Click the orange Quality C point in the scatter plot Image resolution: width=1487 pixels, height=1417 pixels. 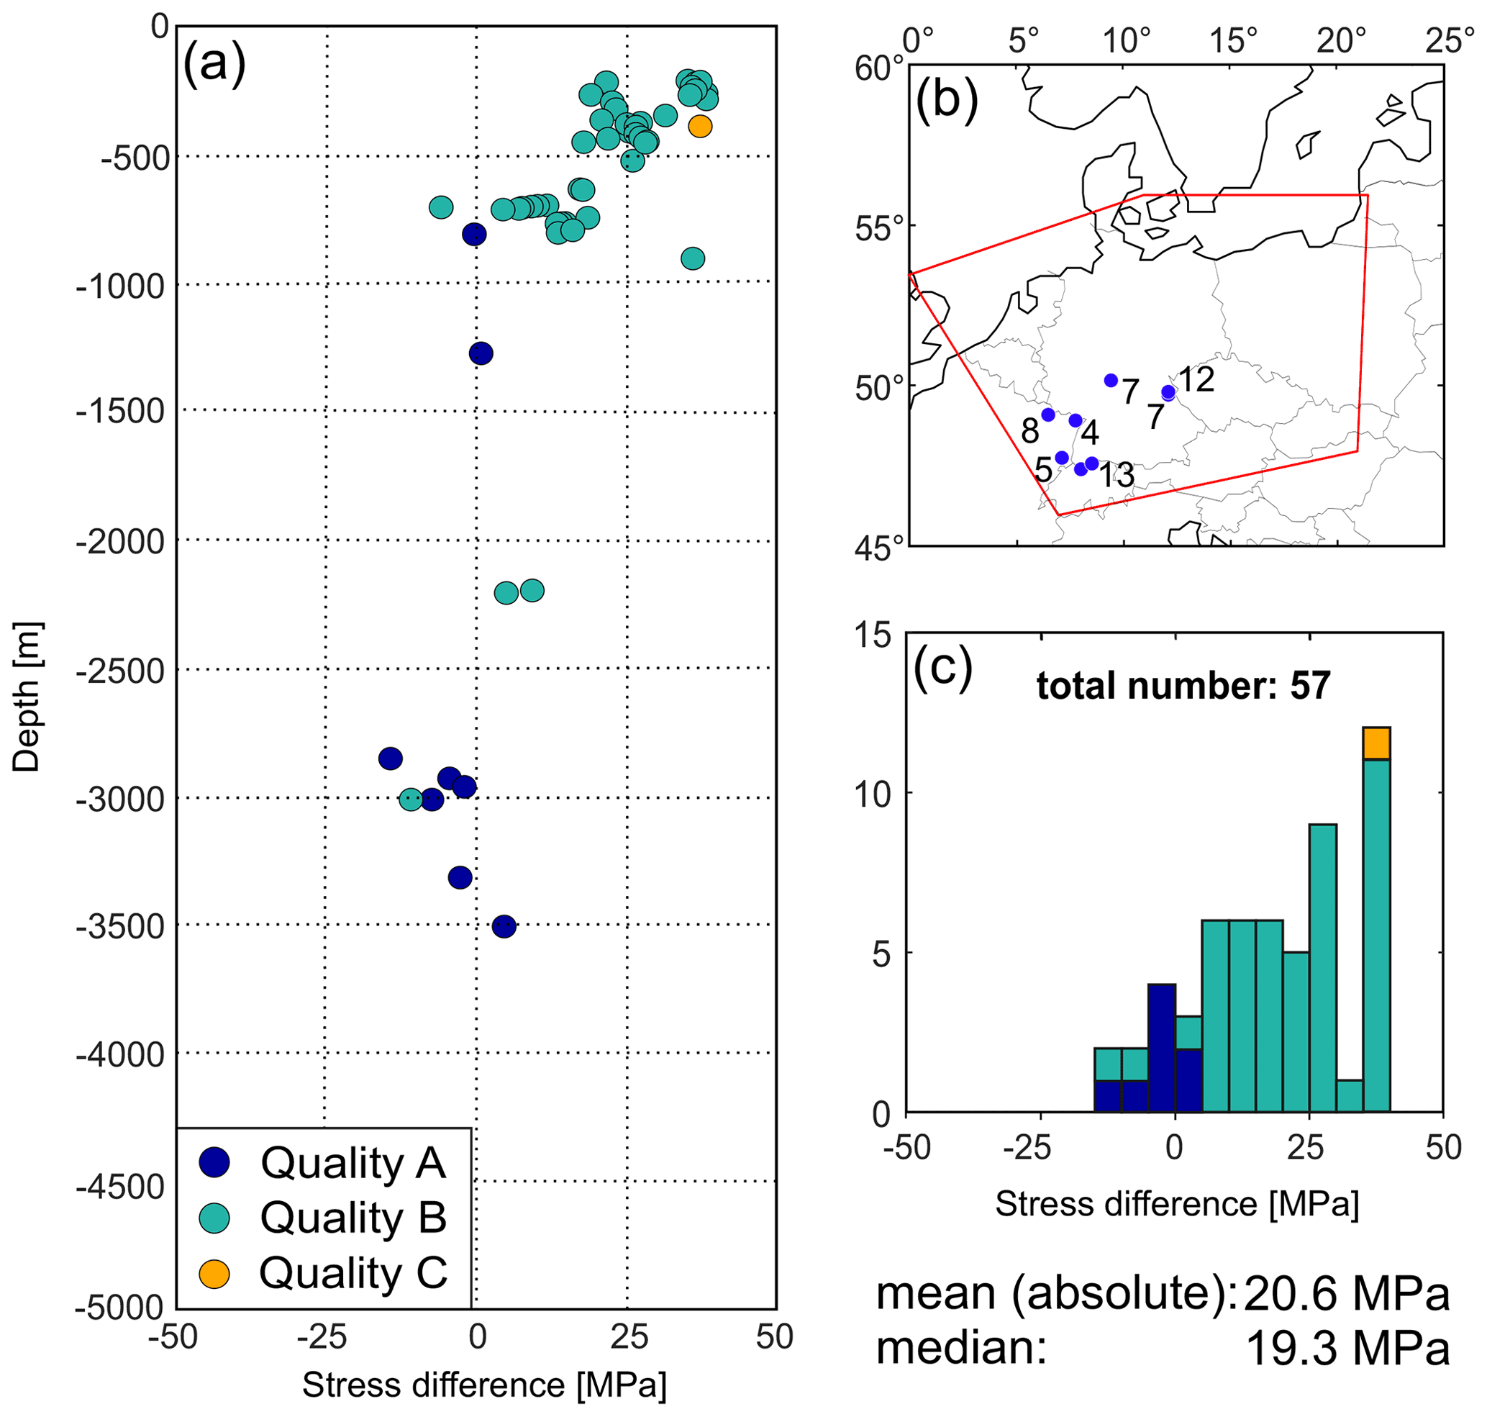click(699, 126)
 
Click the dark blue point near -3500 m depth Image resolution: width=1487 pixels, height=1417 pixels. click(504, 926)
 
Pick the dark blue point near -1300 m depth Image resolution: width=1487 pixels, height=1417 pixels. click(481, 353)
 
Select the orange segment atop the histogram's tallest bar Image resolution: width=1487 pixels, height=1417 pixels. click(1376, 743)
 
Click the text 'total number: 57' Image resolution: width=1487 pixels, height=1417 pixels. click(1183, 685)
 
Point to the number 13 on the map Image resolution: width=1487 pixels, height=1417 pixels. click(1117, 475)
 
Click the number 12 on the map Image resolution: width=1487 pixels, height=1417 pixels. click(1196, 379)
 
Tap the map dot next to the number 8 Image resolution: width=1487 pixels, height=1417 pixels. click(1047, 415)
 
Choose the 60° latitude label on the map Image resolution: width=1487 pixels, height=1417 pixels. click(878, 69)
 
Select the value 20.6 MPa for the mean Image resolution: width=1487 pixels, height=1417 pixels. click(1346, 1294)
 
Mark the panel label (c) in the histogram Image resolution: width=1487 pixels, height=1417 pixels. click(942, 667)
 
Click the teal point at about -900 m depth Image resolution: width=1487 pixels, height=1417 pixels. click(693, 258)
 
